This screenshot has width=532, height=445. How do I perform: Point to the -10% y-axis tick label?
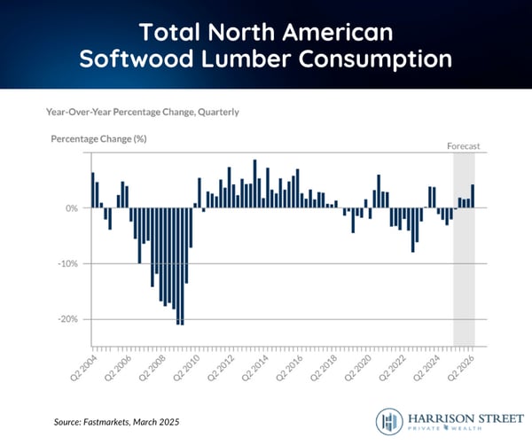pos(69,264)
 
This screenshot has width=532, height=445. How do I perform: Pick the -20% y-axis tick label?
pos(69,319)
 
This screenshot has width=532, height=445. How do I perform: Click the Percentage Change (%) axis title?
pos(98,140)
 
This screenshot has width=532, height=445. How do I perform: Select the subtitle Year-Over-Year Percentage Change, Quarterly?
pos(143,113)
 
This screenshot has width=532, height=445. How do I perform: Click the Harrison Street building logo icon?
pos(388,420)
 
